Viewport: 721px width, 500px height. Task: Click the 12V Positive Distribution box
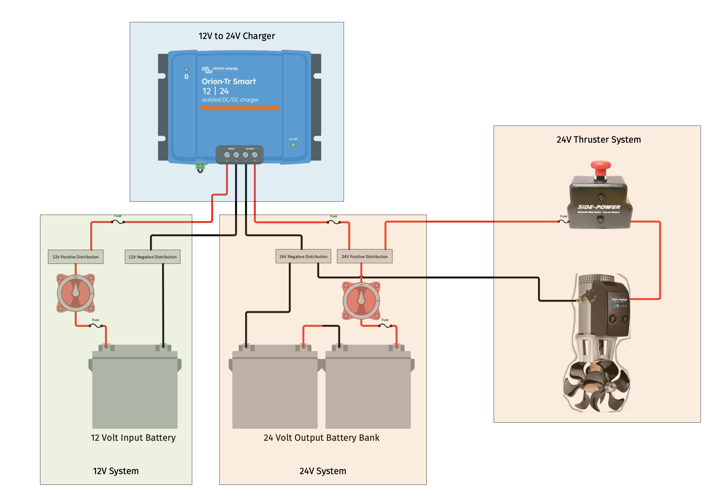(x=75, y=257)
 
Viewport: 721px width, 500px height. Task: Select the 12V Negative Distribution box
(x=152, y=257)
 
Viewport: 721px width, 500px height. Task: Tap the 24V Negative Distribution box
(x=303, y=256)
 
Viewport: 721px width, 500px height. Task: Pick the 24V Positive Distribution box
(x=365, y=256)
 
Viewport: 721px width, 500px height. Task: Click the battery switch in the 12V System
(x=76, y=293)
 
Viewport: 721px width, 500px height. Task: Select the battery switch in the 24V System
(x=361, y=300)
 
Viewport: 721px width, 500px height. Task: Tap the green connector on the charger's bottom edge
(x=200, y=165)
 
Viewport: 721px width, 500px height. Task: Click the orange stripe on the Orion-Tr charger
(x=240, y=108)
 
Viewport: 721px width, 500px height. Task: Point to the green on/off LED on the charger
(x=293, y=145)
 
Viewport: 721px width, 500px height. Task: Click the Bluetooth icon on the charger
(x=186, y=77)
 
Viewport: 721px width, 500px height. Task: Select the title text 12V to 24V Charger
(x=236, y=36)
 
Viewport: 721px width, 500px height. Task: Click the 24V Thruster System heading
(x=598, y=140)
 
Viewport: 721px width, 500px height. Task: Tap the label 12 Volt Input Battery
(x=133, y=438)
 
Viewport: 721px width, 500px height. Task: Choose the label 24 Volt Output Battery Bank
(x=321, y=438)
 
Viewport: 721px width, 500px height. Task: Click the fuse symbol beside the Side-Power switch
(x=563, y=221)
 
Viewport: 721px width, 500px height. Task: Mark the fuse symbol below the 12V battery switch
(x=96, y=326)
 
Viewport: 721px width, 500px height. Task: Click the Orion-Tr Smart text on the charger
(x=229, y=81)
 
